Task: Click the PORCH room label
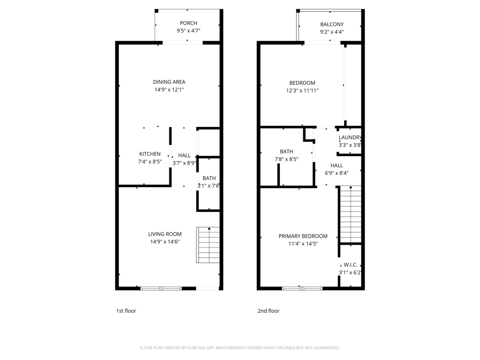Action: coord(188,23)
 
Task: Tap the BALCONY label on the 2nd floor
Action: coord(332,24)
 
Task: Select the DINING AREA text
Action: coord(169,82)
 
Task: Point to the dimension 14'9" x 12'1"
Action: coord(169,90)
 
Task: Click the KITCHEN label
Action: coord(150,154)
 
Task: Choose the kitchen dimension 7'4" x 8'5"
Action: coord(150,162)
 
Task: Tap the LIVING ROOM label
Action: coord(165,234)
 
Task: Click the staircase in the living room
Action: coord(209,244)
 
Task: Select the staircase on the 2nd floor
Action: coord(350,214)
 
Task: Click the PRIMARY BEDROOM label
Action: coord(303,236)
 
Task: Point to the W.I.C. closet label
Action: coord(350,265)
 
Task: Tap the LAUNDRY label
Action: coord(350,137)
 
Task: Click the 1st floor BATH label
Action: coord(209,178)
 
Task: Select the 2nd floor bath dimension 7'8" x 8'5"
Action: coord(286,159)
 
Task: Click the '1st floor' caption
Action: coord(126,311)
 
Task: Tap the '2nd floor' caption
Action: coord(268,311)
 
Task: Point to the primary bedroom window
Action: coord(302,288)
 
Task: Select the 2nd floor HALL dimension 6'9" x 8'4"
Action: coord(337,173)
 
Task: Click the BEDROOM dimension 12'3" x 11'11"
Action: coord(302,90)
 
